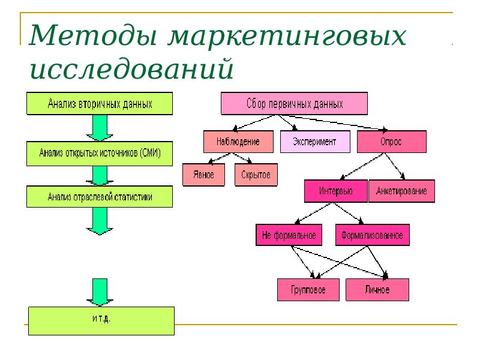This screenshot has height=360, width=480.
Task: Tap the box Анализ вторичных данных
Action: [x=100, y=103]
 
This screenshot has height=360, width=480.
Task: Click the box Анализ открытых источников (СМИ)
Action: [x=100, y=154]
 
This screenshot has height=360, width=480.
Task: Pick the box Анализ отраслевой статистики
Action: [x=100, y=196]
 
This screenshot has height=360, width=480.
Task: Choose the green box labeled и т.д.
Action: [x=101, y=320]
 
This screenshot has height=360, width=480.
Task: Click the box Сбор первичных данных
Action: [x=295, y=104]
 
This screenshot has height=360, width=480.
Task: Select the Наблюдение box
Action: [x=238, y=142]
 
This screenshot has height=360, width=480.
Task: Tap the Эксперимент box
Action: [x=315, y=142]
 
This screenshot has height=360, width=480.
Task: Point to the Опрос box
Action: [x=391, y=142]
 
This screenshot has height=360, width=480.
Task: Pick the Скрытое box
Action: [x=255, y=175]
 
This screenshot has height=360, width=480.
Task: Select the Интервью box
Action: [x=335, y=191]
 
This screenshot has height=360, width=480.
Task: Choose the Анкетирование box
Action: [x=401, y=191]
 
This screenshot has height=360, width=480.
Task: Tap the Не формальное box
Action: [x=289, y=235]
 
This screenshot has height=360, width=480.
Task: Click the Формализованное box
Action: [x=373, y=235]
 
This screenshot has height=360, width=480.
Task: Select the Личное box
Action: [x=377, y=290]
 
